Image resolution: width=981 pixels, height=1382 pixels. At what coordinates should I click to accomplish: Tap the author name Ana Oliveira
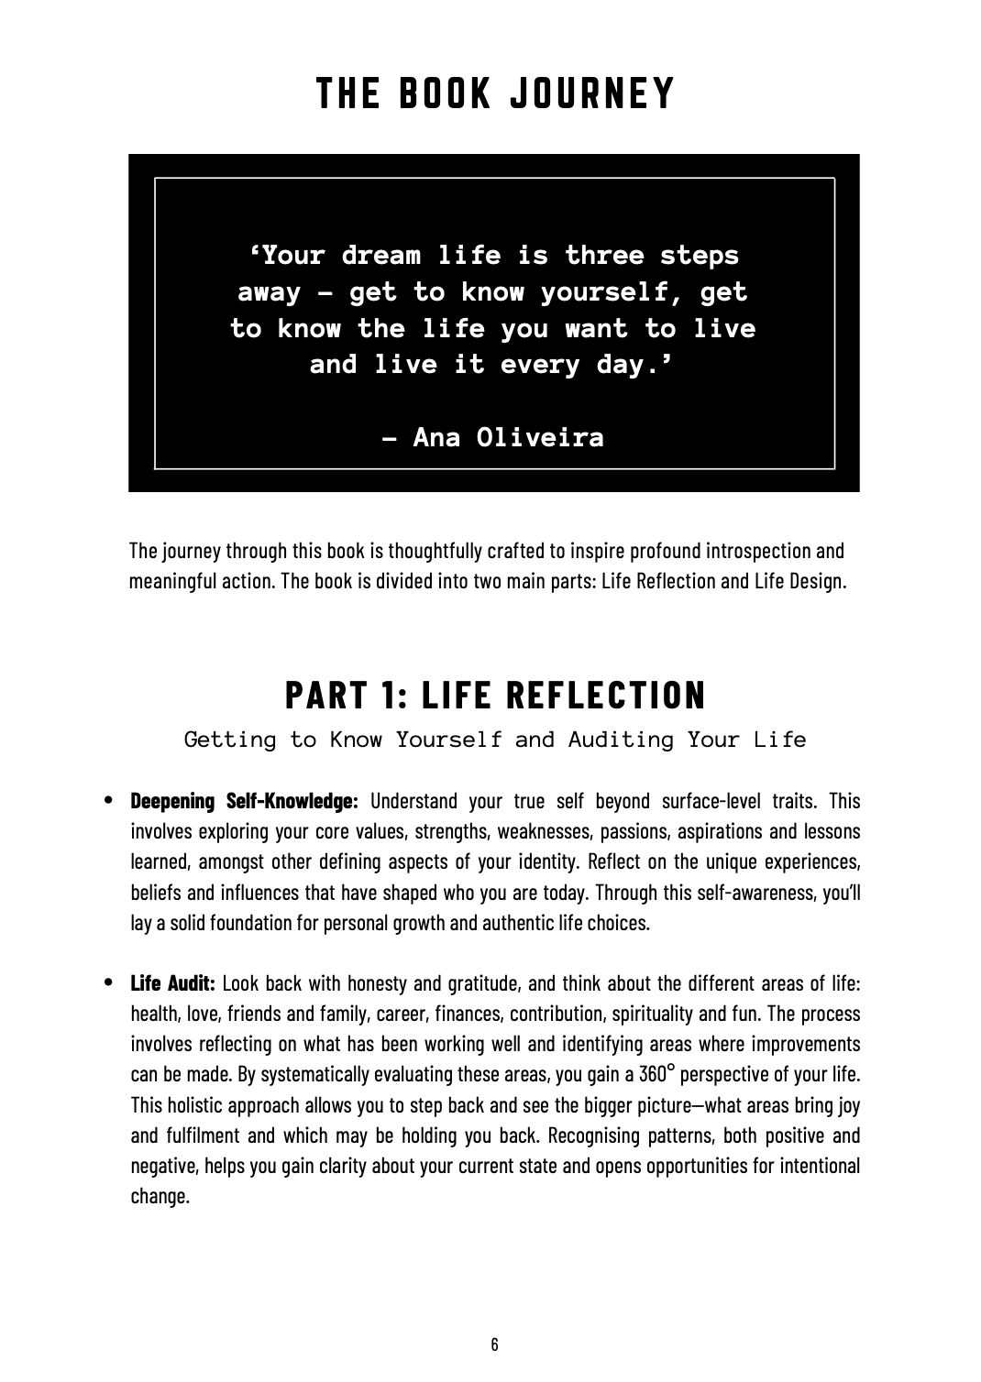[x=509, y=437]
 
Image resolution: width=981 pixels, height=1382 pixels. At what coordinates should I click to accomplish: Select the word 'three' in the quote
[x=604, y=255]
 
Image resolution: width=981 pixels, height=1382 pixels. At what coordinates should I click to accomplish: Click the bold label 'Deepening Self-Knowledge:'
[x=244, y=801]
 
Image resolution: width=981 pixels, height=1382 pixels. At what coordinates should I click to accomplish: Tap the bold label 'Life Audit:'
[x=172, y=983]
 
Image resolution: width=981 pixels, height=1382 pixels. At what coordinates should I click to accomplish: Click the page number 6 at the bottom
[x=494, y=1344]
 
